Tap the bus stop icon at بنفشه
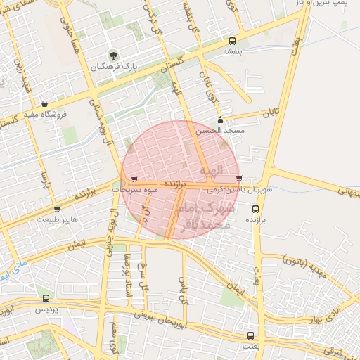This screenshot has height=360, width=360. coord(229,39)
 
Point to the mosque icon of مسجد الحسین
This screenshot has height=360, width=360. coord(221,120)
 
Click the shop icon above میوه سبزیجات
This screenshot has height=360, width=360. coord(135,179)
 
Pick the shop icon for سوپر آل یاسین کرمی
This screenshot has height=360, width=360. coord(240,179)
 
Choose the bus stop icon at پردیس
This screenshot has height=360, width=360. coord(46,298)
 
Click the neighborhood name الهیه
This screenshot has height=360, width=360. coord(210,170)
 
